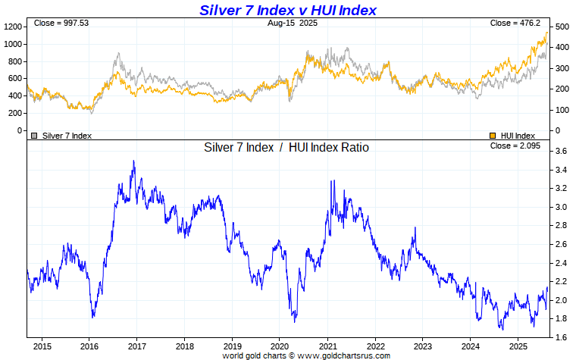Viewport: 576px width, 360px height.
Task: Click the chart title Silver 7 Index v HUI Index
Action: [x=287, y=10]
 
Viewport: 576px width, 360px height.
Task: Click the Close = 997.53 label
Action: [x=57, y=23]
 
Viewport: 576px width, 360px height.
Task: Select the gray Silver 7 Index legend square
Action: [x=34, y=136]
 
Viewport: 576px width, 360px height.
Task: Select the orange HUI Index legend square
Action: [x=493, y=136]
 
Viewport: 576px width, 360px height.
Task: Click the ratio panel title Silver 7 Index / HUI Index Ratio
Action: [x=286, y=148]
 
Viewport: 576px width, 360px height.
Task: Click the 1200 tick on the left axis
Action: [x=13, y=27]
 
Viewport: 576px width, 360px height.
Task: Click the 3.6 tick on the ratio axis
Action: [x=560, y=152]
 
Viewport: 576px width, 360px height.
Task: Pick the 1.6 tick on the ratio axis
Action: [x=560, y=337]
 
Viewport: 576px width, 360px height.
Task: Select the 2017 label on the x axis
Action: [x=136, y=346]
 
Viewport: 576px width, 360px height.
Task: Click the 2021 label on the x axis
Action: [x=327, y=346]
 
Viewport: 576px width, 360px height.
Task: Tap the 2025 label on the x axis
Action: [x=518, y=346]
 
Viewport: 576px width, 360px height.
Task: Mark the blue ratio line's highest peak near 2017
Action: [x=133, y=161]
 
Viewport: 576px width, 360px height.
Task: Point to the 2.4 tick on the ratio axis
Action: [x=560, y=263]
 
